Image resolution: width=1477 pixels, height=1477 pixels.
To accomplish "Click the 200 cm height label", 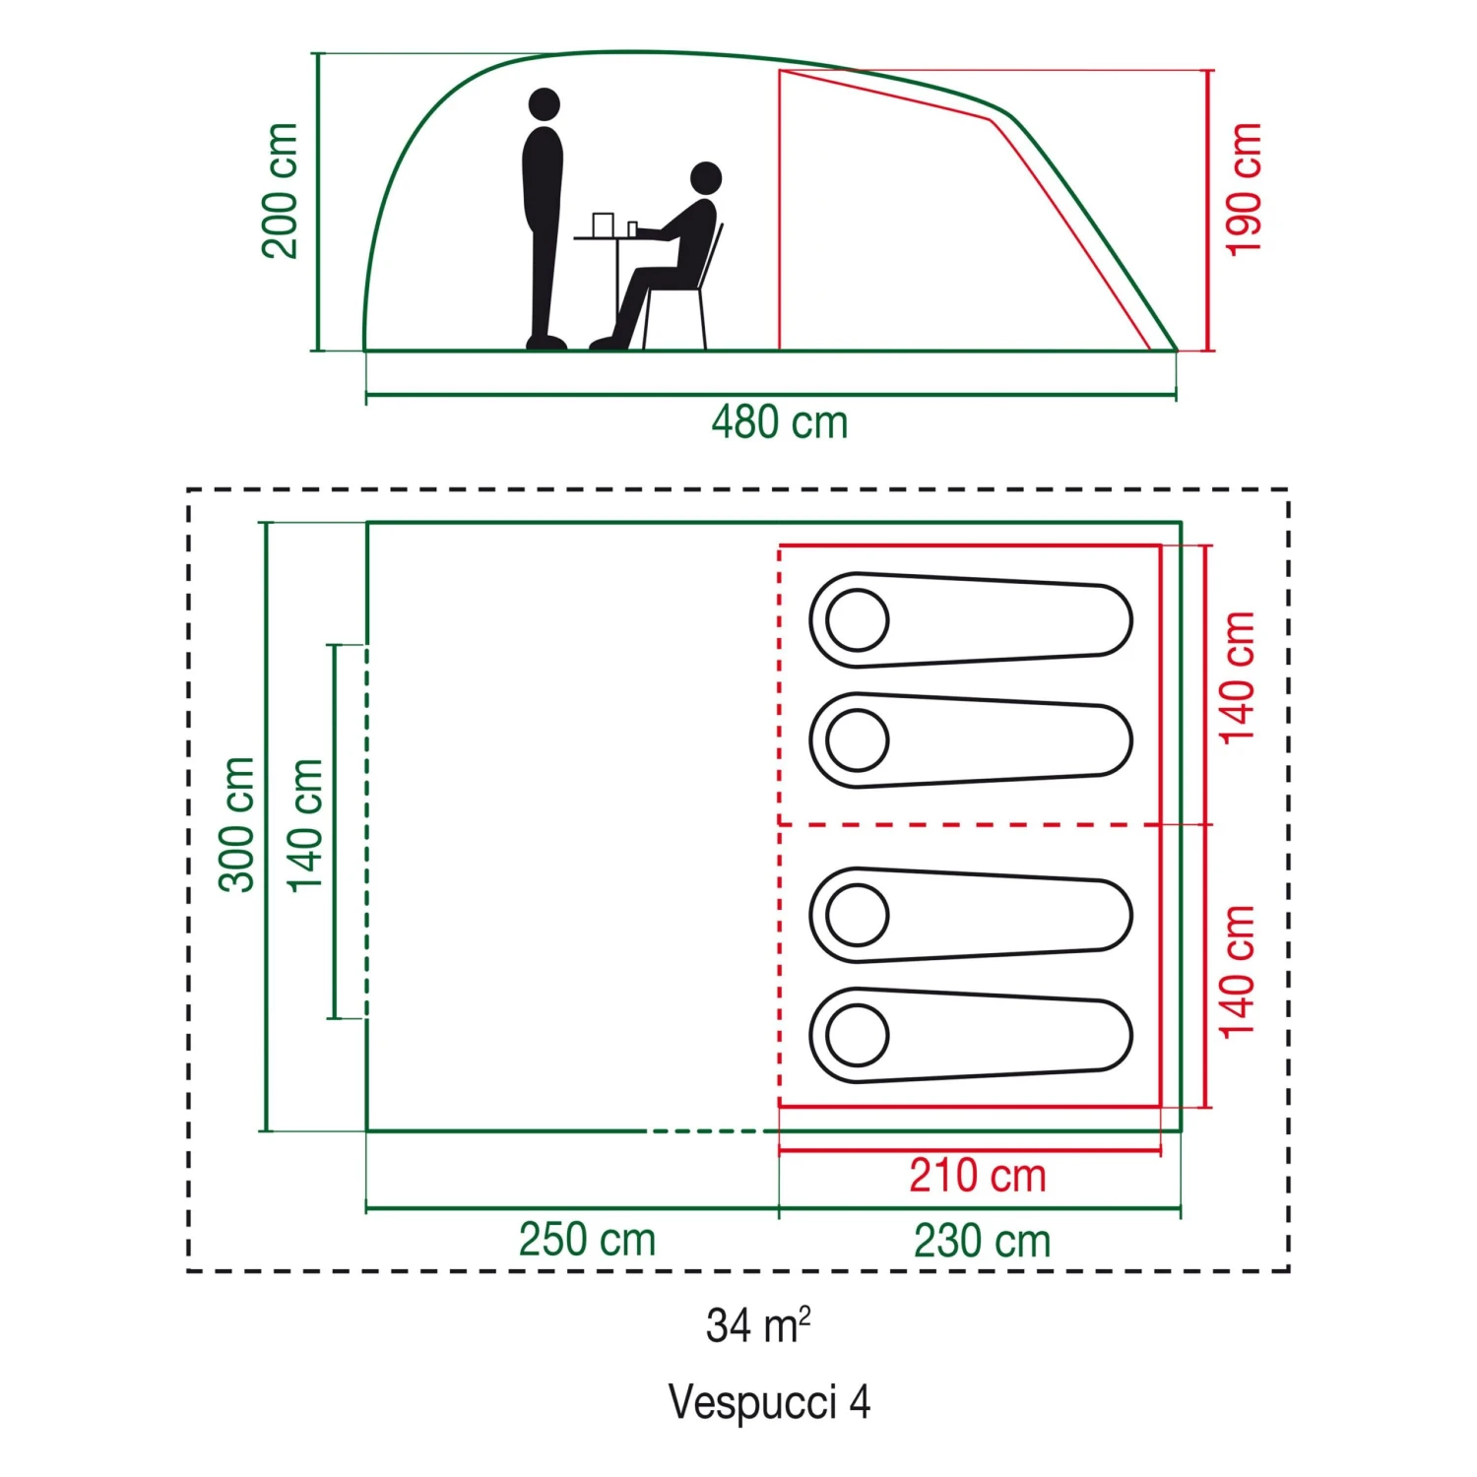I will (280, 191).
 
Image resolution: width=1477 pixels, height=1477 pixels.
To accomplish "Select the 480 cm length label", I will (779, 422).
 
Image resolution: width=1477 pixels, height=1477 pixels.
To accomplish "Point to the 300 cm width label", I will (237, 825).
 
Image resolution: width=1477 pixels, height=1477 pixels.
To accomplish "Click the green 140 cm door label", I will (305, 825).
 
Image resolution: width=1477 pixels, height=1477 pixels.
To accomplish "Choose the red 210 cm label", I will (977, 1176).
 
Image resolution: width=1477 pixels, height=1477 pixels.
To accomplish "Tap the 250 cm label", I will (587, 1240).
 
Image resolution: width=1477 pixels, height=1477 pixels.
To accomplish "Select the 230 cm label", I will (982, 1241).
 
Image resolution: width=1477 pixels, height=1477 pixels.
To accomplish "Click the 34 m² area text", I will (757, 1325).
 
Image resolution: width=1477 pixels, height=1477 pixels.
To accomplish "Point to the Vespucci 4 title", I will (769, 1402).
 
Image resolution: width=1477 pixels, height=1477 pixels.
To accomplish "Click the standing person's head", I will (544, 103).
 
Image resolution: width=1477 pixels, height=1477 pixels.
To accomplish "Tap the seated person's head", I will (706, 178).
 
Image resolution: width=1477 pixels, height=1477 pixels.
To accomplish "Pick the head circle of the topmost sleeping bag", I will (858, 620).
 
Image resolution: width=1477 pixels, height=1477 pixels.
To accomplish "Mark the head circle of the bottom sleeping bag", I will (858, 1035).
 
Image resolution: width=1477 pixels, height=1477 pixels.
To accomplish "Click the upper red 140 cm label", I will (1239, 677).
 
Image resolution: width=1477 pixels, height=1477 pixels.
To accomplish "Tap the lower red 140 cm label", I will (1239, 972).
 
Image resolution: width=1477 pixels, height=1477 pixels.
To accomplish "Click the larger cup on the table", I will (603, 225).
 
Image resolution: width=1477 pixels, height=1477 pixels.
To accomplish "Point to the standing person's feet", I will (546, 343).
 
